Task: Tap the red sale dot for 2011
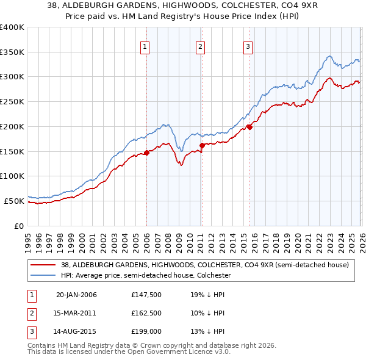point(202,145)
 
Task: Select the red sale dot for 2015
point(249,128)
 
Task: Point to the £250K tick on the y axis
point(12,102)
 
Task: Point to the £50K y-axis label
point(13,201)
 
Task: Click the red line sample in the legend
point(43,265)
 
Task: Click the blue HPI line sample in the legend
point(43,276)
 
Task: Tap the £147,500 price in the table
point(145,295)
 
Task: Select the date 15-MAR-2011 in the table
point(76,313)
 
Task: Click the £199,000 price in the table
point(145,331)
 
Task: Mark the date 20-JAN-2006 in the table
point(76,295)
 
